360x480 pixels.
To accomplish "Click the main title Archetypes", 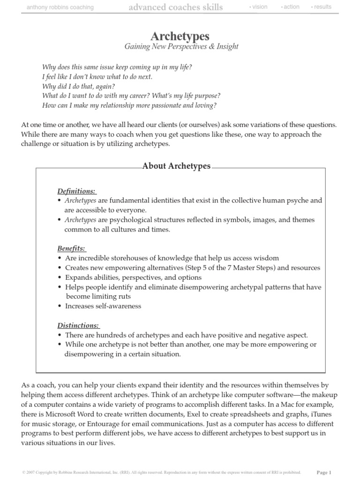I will (x=180, y=36).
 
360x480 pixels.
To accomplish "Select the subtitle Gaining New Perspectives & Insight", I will (x=181, y=46).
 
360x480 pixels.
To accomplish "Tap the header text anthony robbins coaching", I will (x=60, y=7).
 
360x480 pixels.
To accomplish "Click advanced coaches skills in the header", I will (x=176, y=7).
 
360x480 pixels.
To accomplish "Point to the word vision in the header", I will (x=259, y=7).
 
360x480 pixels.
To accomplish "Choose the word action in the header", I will (x=291, y=7).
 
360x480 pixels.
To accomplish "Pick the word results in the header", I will (x=322, y=7).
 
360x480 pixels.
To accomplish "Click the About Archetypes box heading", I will (x=176, y=166).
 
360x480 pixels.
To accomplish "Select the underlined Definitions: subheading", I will (x=76, y=191).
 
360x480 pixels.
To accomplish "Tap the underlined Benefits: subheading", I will (x=71, y=248).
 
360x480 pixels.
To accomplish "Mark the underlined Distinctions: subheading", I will (x=78, y=325).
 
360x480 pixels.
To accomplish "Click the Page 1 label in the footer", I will (x=324, y=472).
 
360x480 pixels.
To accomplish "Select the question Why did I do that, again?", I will (x=78, y=86).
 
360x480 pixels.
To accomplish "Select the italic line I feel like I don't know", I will (x=97, y=76).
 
